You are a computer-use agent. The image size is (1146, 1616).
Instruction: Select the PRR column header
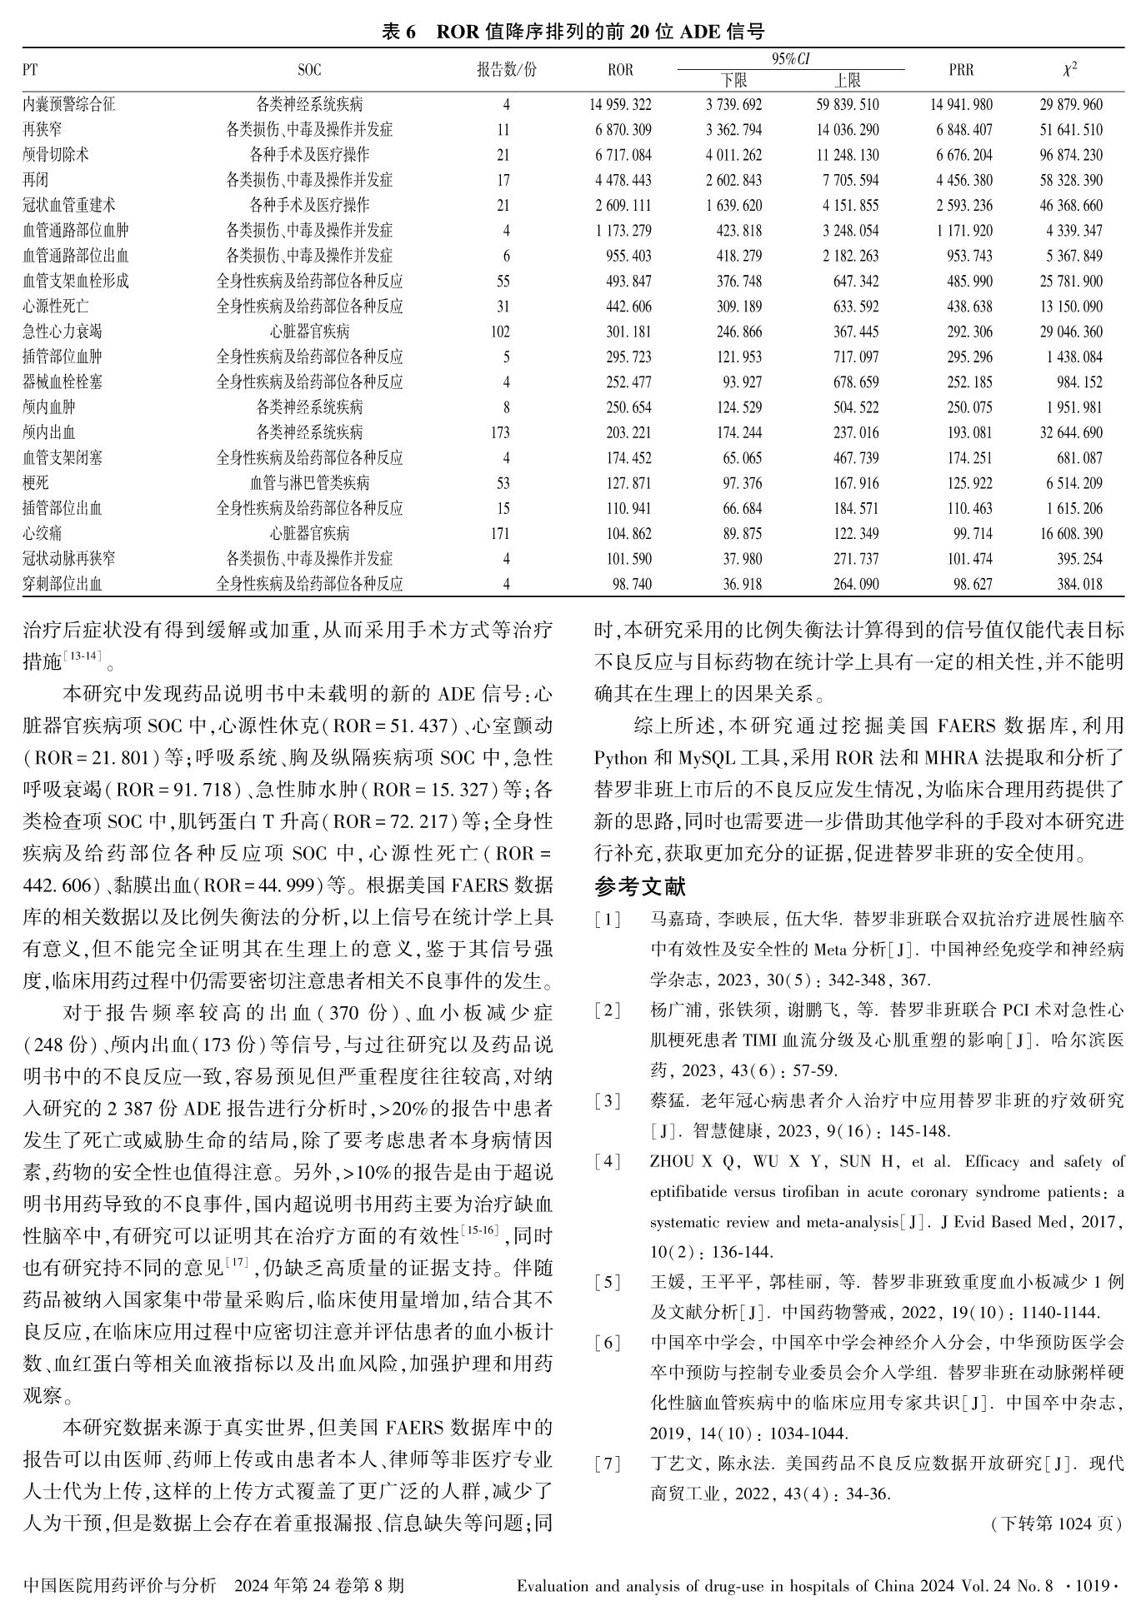pyautogui.click(x=961, y=70)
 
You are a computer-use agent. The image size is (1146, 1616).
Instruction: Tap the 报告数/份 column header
pyautogui.click(x=506, y=70)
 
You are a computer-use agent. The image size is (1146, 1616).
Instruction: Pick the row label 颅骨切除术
pyautogui.click(x=56, y=155)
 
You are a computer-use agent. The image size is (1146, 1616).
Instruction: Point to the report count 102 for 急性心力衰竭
pyautogui.click(x=500, y=332)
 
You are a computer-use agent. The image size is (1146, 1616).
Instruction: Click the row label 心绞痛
pyautogui.click(x=43, y=533)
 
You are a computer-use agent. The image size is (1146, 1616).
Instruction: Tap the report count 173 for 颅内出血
pyautogui.click(x=500, y=432)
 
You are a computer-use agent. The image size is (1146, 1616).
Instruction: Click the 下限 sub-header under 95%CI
pyautogui.click(x=733, y=80)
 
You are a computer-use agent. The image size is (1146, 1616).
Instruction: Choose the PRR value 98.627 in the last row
pyautogui.click(x=973, y=584)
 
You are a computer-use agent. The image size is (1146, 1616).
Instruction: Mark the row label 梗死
pyautogui.click(x=36, y=483)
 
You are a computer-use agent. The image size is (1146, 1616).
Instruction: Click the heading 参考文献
pyautogui.click(x=640, y=886)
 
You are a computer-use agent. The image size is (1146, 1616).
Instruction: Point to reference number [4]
pyautogui.click(x=608, y=1162)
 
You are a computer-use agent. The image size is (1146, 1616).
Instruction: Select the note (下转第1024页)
pyautogui.click(x=1056, y=1524)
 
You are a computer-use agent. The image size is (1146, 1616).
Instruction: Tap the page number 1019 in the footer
pyautogui.click(x=1093, y=1585)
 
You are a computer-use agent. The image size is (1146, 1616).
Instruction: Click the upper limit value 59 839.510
pyautogui.click(x=846, y=105)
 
